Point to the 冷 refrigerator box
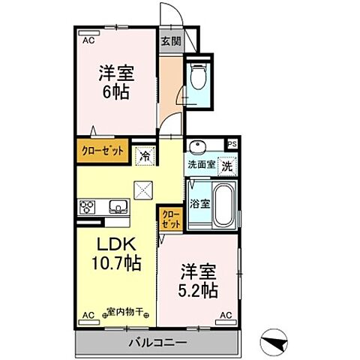pos(144,157)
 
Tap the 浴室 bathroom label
pos(199,202)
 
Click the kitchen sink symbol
pos(118,206)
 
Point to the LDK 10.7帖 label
pos(111,254)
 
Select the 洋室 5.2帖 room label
pos(199,281)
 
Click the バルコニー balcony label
pos(162,342)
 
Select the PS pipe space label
pos(232,145)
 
